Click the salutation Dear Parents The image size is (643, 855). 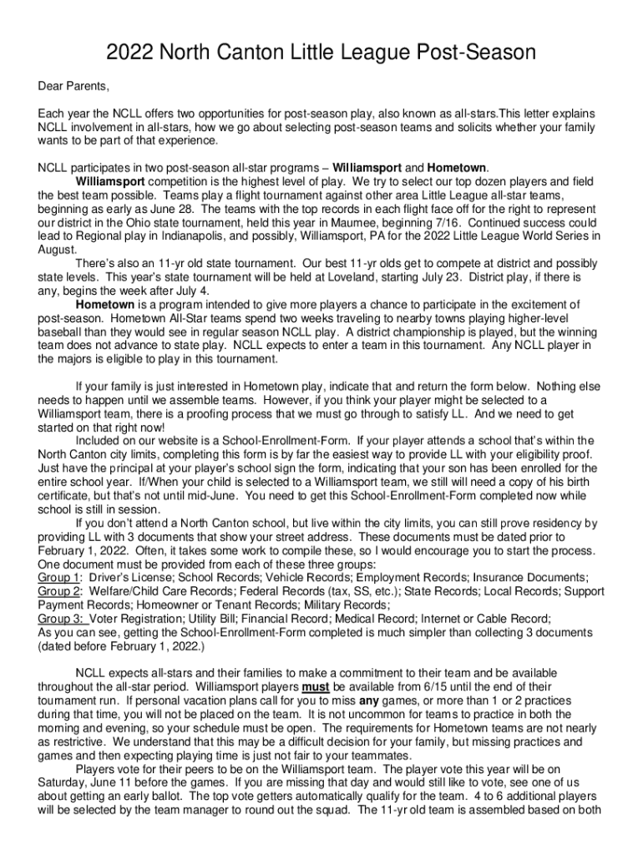pyautogui.click(x=74, y=86)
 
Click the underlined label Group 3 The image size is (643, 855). pyautogui.click(x=59, y=619)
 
